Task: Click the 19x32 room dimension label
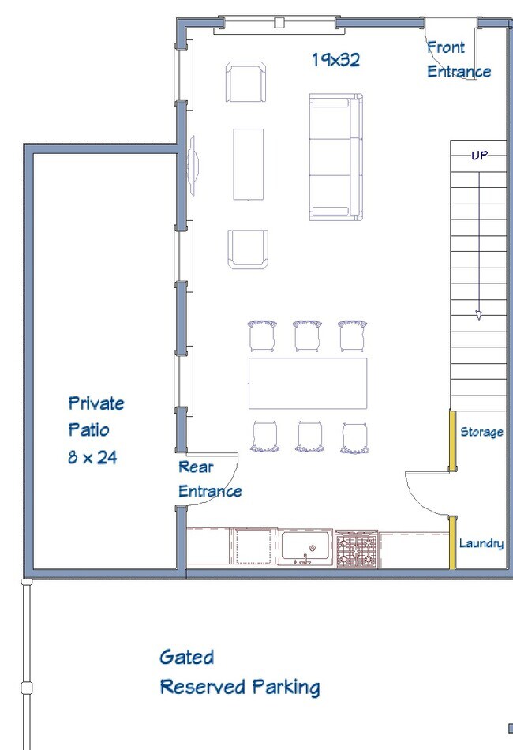point(335,59)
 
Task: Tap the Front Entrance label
point(459,59)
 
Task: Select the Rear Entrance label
point(210,478)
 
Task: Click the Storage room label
point(481,433)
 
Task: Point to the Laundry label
point(481,543)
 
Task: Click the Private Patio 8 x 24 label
point(96,430)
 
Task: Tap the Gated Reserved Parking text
point(239,672)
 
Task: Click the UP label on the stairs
point(480,155)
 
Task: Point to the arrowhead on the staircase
point(478,315)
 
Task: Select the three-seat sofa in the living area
point(336,157)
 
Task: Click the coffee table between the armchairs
point(249,164)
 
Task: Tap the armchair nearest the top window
point(245,82)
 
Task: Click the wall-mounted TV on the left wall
point(193,166)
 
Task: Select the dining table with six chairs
point(308,383)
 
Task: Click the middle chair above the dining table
point(308,336)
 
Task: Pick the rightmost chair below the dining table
point(354,437)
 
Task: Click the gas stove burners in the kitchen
point(357,549)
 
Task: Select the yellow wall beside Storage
point(451,441)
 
